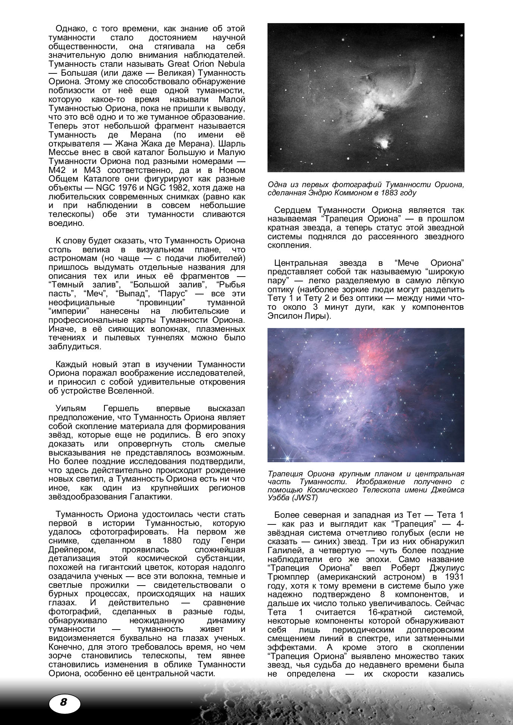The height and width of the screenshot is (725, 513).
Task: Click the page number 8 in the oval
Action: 63,702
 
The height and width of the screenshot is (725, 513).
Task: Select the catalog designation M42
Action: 57,170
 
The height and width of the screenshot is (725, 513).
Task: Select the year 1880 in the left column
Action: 172,541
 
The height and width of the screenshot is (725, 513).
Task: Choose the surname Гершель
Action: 121,409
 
